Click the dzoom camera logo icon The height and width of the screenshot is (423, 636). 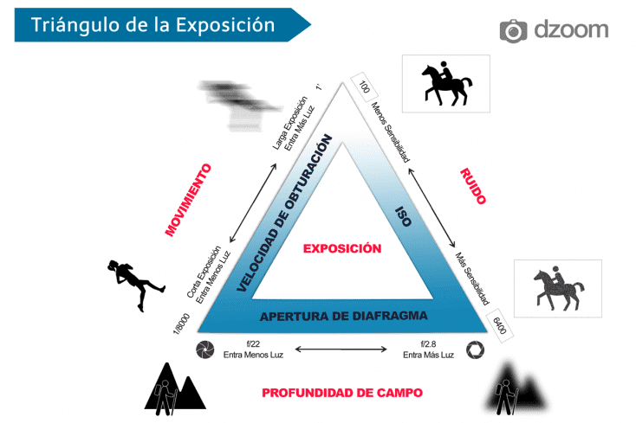[x=513, y=31]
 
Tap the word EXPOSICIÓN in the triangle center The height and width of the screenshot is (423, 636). [x=342, y=248]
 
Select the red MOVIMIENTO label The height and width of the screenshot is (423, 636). [x=188, y=200]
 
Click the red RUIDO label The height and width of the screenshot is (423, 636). [x=473, y=186]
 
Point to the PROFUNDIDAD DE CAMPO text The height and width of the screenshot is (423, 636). [x=342, y=393]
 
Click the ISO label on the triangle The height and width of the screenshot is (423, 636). [x=404, y=216]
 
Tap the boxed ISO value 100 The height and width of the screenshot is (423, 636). [x=364, y=87]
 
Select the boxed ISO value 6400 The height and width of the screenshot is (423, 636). [x=499, y=325]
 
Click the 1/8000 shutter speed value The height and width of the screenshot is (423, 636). [x=181, y=324]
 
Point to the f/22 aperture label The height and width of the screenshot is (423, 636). [x=253, y=344]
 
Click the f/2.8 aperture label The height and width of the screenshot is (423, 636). [x=428, y=344]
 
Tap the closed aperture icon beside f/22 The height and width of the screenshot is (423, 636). [x=205, y=349]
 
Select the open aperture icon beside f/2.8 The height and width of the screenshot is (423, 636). [x=475, y=350]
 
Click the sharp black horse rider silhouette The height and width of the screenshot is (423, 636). [x=446, y=83]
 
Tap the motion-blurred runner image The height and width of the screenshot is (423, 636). [x=239, y=106]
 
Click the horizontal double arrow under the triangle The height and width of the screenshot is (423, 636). [x=341, y=349]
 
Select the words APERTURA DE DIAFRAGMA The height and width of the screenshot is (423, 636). [x=343, y=316]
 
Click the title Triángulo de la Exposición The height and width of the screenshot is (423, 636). [x=153, y=25]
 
